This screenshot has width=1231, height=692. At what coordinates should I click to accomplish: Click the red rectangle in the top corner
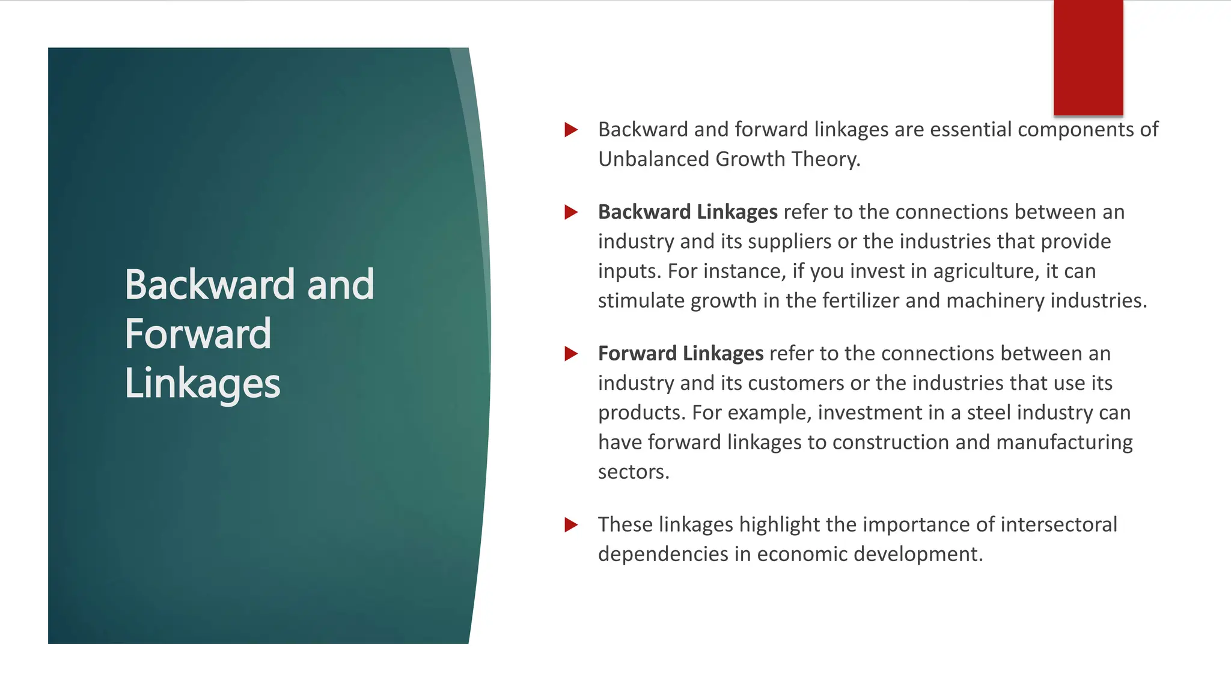coord(1088,58)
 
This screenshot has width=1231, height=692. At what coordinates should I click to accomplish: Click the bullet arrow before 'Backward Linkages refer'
coord(571,212)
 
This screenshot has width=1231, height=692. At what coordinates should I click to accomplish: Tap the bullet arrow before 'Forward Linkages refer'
coord(571,354)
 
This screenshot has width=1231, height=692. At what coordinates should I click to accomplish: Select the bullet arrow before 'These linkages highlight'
coord(571,525)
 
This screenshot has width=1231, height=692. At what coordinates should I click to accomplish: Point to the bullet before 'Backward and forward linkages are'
coord(571,130)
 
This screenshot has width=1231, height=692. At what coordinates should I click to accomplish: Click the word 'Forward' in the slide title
coord(198,334)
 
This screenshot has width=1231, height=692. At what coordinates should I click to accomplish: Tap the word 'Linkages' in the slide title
coord(203,384)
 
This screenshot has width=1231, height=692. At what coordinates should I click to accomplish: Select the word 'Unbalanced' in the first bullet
coord(653,159)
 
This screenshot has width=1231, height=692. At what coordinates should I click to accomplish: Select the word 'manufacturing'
coord(1064,442)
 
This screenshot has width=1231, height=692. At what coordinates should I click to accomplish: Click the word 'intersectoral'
coord(1059,524)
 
